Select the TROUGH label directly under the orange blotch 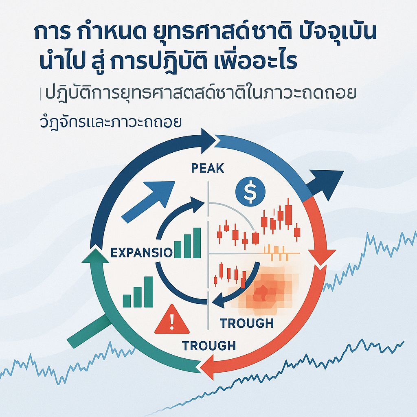coord(247,323)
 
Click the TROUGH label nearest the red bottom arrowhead coord(208,346)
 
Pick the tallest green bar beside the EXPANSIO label coord(197,243)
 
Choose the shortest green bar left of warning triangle coord(127,301)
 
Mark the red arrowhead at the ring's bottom coord(209,364)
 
